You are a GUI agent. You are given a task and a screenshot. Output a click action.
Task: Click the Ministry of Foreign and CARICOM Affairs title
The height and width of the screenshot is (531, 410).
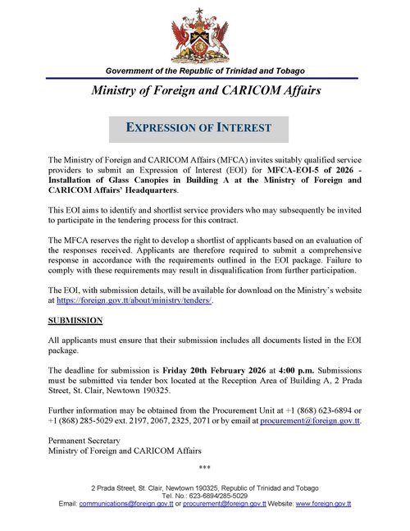(204, 89)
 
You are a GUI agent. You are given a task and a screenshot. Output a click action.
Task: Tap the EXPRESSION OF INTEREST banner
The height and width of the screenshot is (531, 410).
(199, 128)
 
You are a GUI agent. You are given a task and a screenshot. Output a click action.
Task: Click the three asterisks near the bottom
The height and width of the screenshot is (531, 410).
(205, 468)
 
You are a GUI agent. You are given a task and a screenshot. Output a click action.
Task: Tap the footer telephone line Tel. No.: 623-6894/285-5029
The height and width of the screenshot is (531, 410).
(205, 496)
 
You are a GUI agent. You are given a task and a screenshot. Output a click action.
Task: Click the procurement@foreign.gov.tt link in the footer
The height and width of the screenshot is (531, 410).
(223, 504)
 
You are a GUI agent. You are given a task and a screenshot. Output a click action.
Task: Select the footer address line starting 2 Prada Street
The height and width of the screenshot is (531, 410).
(205, 488)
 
